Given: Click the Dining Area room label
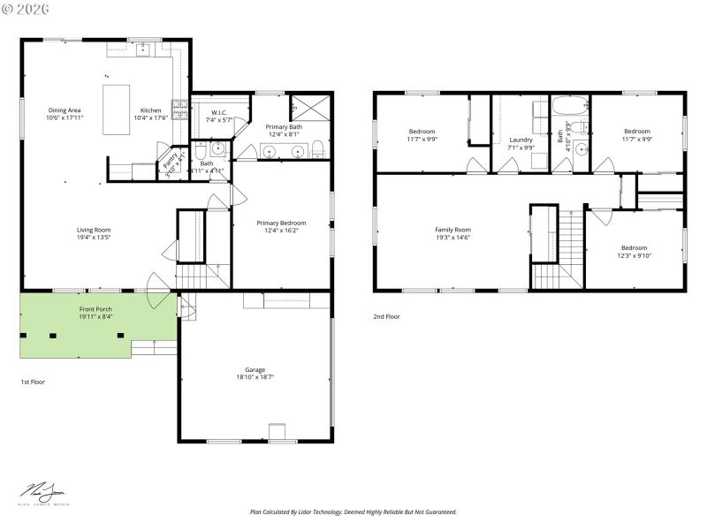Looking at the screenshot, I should coord(65,110).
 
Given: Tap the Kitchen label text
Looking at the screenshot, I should coord(150,110).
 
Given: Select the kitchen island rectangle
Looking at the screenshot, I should coord(117,110).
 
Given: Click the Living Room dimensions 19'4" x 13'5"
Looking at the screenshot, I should coord(93,238).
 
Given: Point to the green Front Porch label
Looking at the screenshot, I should coord(95,308).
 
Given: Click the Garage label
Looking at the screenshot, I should coord(255,369).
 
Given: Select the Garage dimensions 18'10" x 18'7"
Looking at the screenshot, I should coord(255,377).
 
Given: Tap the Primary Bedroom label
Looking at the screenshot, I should coord(281,223).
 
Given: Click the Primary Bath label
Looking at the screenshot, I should coord(284,127).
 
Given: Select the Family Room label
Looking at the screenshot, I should coord(452,230).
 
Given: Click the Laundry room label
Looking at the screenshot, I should coord(521,140).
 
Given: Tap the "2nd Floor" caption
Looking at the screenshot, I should coord(386,316).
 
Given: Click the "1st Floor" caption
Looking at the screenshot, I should coord(33,382).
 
